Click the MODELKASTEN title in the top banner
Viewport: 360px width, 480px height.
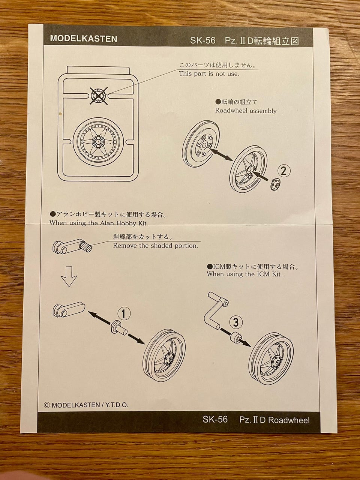coord(84,39)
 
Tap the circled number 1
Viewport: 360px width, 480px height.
coord(124,314)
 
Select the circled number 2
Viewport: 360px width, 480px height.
coord(284,171)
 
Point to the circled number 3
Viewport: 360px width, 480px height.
coord(235,322)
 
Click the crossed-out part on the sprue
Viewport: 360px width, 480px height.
coord(99,96)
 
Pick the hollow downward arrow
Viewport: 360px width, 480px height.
coord(69,276)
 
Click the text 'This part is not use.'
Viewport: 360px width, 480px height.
coord(209,74)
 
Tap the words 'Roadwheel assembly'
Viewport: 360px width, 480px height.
coord(246,111)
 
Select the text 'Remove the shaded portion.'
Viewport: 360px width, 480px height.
coord(156,246)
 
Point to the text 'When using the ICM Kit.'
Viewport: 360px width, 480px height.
coord(244,274)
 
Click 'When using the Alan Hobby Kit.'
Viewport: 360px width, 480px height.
coord(99,223)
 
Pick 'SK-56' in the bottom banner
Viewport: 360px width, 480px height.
coord(215,418)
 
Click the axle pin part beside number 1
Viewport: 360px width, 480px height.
coord(119,330)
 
